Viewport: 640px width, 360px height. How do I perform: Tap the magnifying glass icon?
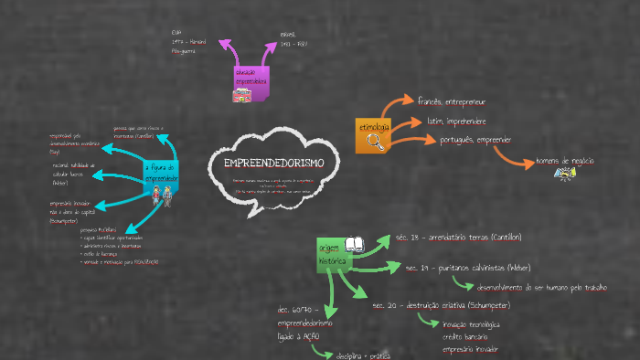coord(375,140)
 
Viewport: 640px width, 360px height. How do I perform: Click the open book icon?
coord(355,245)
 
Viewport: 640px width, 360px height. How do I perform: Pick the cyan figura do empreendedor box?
coord(161,173)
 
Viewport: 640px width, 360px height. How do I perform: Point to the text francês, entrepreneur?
coord(452,101)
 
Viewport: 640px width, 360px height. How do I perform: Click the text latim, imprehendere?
coord(451,121)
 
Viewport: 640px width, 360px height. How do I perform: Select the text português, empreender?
coord(475,140)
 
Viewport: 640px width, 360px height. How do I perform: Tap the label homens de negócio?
coord(565,160)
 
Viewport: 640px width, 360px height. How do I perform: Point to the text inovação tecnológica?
coord(470,324)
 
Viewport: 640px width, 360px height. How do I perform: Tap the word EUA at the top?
coord(176,33)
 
